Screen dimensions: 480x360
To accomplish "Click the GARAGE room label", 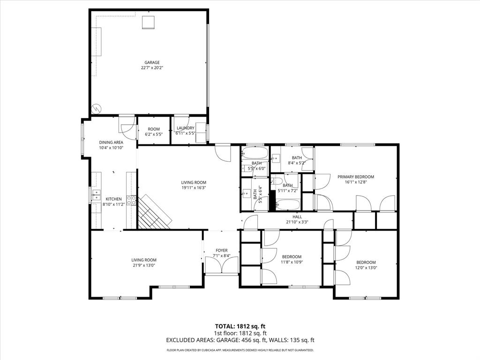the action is click(x=152, y=62).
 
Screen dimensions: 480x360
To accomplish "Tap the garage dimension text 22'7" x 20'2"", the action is click(x=152, y=68).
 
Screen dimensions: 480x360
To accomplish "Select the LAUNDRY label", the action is click(x=186, y=128).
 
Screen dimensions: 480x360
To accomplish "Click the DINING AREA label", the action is click(x=111, y=142).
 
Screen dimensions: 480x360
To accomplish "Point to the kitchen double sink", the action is click(x=97, y=195).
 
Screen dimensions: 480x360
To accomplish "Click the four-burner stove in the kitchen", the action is click(x=132, y=201).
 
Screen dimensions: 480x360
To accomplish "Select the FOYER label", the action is click(x=222, y=250).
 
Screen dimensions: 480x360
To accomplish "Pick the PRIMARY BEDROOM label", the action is click(x=356, y=177).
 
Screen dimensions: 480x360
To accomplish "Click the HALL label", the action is click(x=297, y=217).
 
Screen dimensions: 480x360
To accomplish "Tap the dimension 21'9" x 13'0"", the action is click(x=144, y=265).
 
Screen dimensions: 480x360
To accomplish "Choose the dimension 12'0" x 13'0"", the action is click(x=366, y=268).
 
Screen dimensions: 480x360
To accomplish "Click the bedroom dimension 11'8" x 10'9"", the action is click(x=292, y=262).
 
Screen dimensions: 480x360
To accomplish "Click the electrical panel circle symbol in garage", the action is click(x=97, y=108).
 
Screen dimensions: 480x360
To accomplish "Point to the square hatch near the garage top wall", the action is click(x=148, y=22).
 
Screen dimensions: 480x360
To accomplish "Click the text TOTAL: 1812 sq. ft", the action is click(x=240, y=326).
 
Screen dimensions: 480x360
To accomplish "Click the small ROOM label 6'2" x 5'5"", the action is click(x=154, y=132).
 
